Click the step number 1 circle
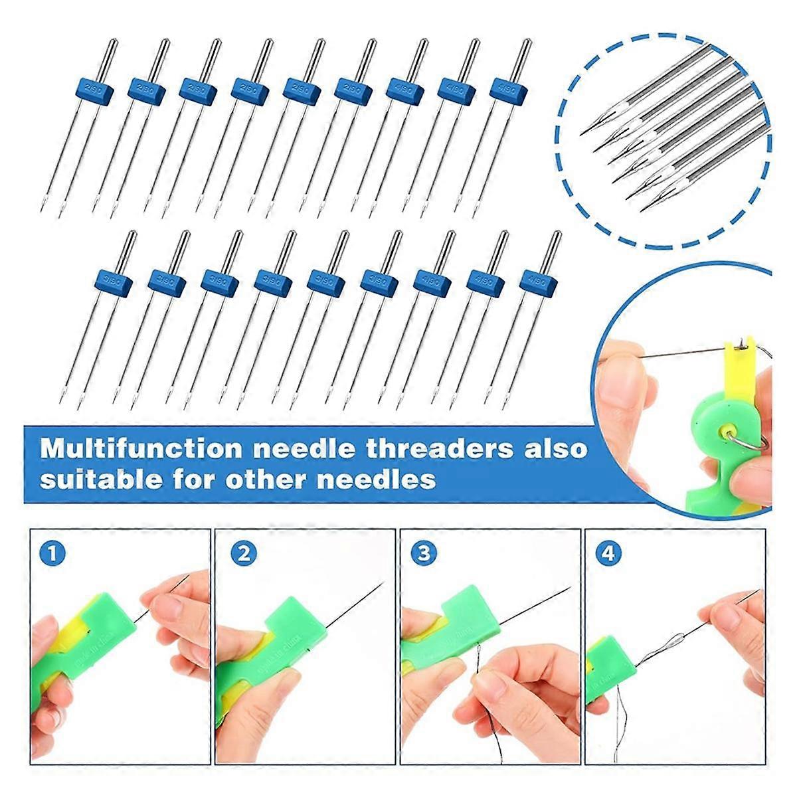pyautogui.click(x=52, y=553)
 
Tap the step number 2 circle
pyautogui.click(x=244, y=553)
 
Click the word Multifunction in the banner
pyautogui.click(x=141, y=448)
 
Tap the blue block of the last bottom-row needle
pyautogui.click(x=538, y=282)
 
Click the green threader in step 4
pyautogui.click(x=602, y=667)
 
